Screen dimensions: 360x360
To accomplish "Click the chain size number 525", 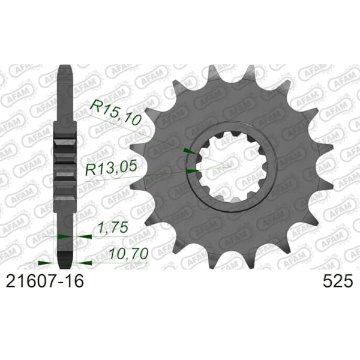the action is [x=337, y=281].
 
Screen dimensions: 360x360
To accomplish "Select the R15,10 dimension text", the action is [x=115, y=113].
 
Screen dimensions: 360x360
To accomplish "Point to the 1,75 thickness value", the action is [x=113, y=227].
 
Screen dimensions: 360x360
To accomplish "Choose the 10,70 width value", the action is [x=128, y=254].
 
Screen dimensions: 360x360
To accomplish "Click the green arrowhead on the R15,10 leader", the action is [x=190, y=151].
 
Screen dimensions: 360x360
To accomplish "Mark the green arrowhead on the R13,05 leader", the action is [x=192, y=171].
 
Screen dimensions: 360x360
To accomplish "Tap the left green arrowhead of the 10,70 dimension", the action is [x=45, y=263].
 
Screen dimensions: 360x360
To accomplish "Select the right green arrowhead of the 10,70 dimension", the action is [x=85, y=263].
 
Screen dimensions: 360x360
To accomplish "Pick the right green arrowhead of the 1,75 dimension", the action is [x=85, y=236].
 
